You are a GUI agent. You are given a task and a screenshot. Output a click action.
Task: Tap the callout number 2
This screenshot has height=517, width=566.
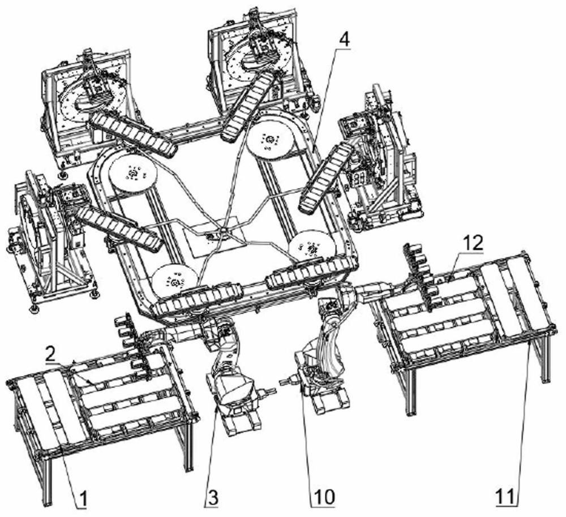[50, 355]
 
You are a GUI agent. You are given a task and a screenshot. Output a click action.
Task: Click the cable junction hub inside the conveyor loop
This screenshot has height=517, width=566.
[223, 230]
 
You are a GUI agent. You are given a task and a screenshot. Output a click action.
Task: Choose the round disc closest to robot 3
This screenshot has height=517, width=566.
[175, 281]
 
